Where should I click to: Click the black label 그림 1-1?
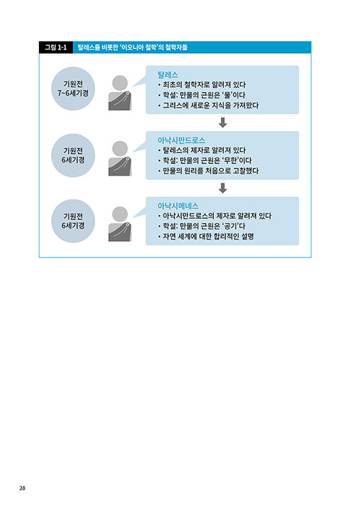point(55,47)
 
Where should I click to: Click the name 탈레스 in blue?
point(168,75)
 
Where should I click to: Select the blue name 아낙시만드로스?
point(181,140)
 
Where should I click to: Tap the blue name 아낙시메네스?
point(178,206)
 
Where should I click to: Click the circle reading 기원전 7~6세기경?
point(73,88)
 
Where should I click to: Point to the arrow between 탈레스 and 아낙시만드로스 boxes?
point(223,122)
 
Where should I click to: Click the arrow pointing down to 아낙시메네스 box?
point(223,188)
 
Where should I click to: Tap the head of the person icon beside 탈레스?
point(120,83)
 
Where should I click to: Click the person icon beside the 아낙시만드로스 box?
point(120,159)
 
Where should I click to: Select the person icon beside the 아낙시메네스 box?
point(120,224)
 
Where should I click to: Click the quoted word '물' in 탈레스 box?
point(228,95)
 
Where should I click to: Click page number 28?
point(22,488)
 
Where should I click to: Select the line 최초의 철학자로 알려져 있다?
point(204,85)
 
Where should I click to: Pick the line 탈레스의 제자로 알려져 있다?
point(204,150)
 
